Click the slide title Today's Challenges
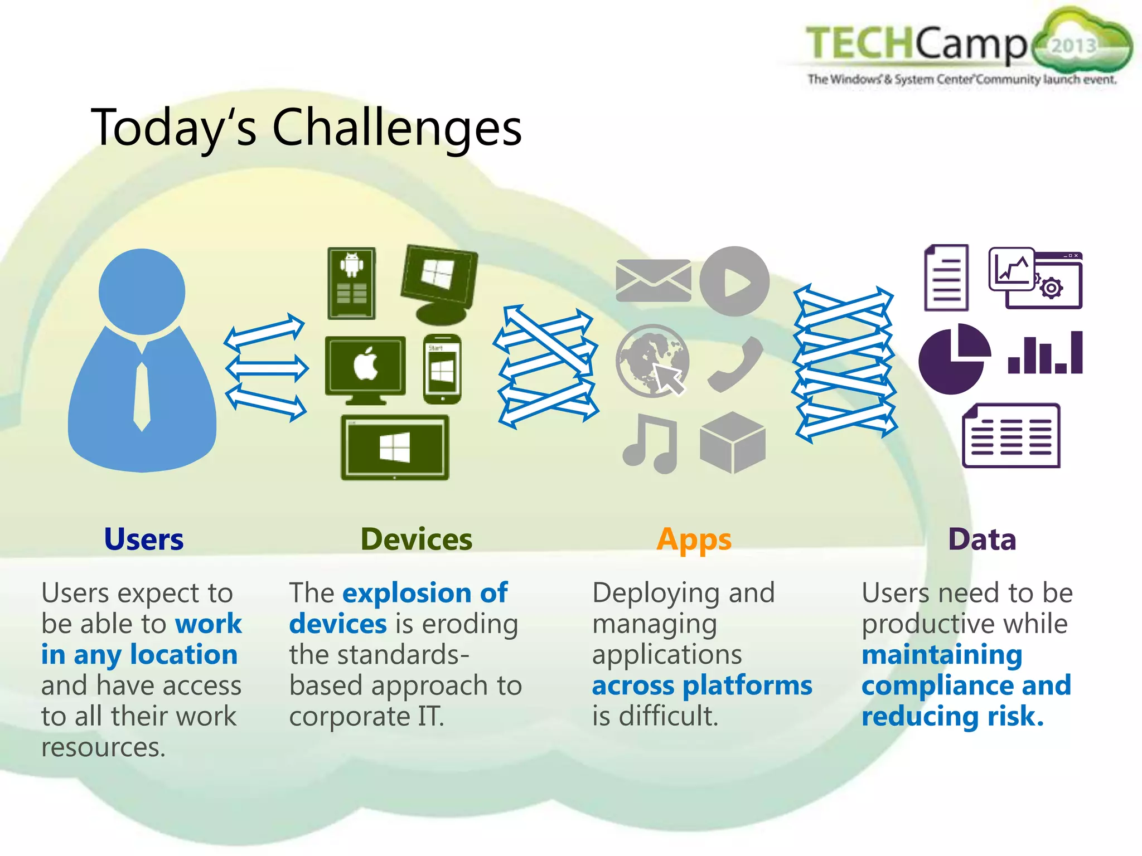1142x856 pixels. [306, 128]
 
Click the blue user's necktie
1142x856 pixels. [142, 396]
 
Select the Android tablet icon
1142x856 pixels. [351, 283]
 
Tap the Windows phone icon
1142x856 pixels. [442, 369]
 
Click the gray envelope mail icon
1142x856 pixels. [653, 280]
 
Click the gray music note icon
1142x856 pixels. [651, 443]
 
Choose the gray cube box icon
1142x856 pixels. [733, 442]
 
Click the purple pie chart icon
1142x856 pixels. [953, 359]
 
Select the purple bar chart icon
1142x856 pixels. [1045, 353]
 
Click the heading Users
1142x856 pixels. [144, 539]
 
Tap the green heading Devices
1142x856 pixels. [416, 539]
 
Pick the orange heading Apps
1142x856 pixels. [694, 539]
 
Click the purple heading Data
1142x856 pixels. [982, 539]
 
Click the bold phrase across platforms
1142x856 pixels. [702, 685]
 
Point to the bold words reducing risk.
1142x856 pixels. [952, 716]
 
